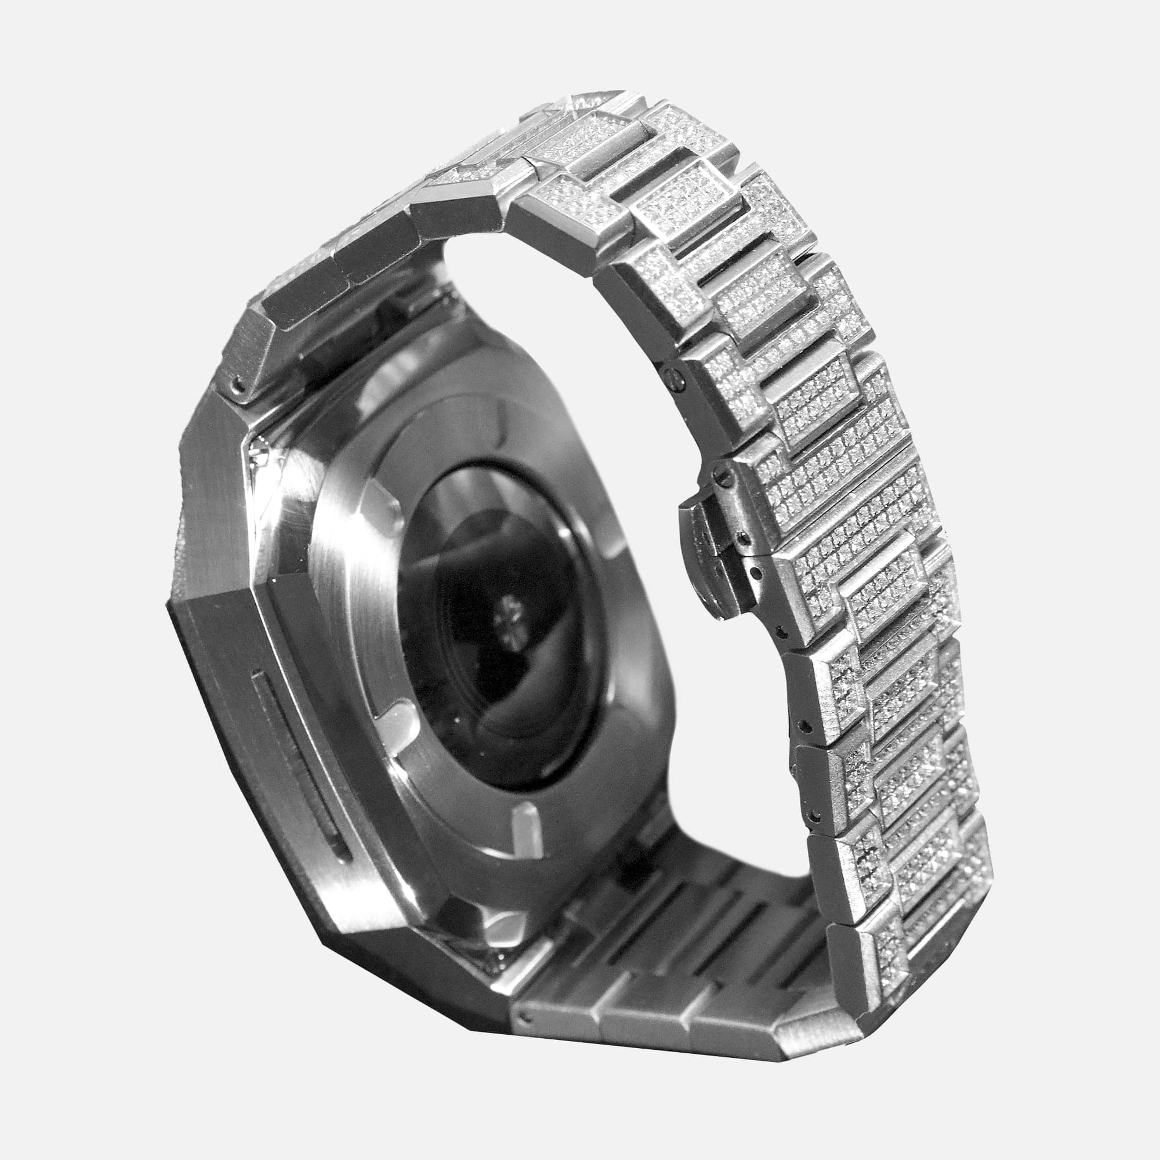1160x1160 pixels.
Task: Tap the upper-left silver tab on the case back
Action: (385, 507)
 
